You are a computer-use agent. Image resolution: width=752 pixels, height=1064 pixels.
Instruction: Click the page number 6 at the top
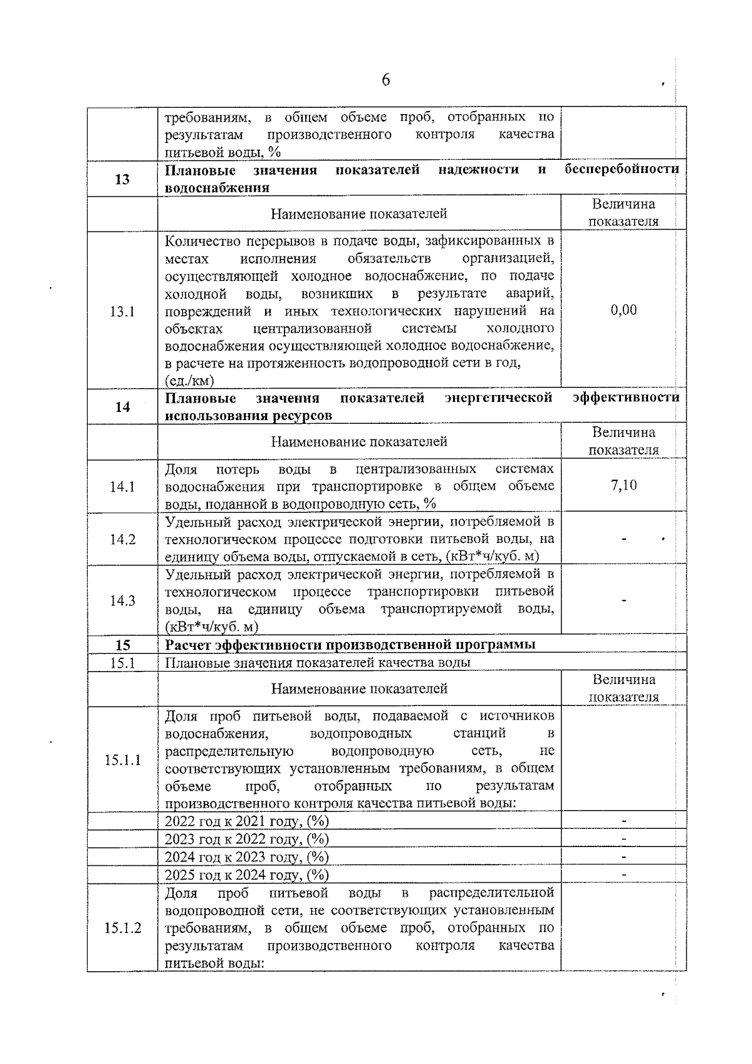385,80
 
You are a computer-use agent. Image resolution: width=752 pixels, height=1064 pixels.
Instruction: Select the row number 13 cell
122,179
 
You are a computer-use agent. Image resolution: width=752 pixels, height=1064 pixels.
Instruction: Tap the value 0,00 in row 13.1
624,310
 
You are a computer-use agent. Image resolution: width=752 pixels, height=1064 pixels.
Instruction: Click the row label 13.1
122,312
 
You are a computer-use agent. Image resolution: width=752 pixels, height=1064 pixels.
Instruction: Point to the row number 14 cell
122,407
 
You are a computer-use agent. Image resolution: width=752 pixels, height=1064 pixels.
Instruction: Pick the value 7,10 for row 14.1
624,485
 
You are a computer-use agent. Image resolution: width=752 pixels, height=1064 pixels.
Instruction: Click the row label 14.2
122,539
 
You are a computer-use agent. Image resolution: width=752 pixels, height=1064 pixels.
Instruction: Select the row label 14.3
122,601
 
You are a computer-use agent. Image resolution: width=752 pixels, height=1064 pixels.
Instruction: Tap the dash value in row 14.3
624,601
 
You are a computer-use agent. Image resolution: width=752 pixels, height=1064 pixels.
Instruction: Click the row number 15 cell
122,645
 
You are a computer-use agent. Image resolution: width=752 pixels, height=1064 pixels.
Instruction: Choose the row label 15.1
122,663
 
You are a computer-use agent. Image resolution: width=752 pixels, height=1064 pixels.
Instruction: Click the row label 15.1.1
122,760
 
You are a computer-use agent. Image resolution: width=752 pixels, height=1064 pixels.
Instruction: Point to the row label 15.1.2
122,928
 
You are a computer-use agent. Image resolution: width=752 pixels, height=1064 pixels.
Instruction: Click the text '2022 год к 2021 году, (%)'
246,821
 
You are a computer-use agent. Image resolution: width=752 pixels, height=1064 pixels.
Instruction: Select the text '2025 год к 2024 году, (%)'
246,875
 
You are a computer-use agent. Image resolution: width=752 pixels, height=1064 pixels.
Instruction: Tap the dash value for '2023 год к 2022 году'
624,839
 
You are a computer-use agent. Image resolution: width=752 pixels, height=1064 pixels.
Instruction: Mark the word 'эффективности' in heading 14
625,398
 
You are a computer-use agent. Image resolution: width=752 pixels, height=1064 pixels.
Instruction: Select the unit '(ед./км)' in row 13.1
189,380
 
